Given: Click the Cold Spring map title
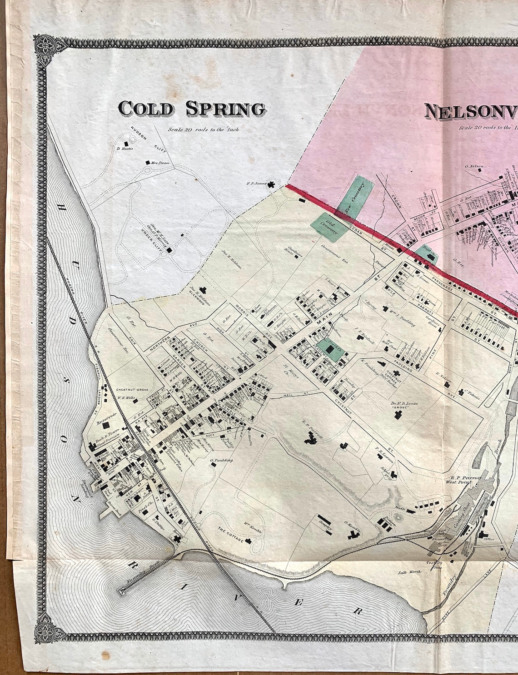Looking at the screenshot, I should [191, 109].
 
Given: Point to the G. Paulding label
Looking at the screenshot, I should [221, 460].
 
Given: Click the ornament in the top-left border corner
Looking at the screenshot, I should [46, 45].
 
